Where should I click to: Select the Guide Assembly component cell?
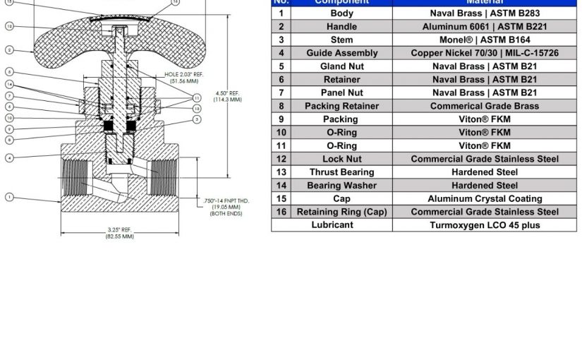click(341, 53)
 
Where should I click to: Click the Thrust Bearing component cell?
click(341, 172)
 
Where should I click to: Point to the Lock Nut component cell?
click(341, 159)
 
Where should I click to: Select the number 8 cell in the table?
click(281, 106)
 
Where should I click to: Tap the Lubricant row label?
click(332, 225)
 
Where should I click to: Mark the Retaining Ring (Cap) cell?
click(341, 212)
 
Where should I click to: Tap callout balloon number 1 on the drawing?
click(9, 197)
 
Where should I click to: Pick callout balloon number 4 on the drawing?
click(9, 157)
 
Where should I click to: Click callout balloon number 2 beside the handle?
click(9, 50)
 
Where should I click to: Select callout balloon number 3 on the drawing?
click(197, 119)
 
